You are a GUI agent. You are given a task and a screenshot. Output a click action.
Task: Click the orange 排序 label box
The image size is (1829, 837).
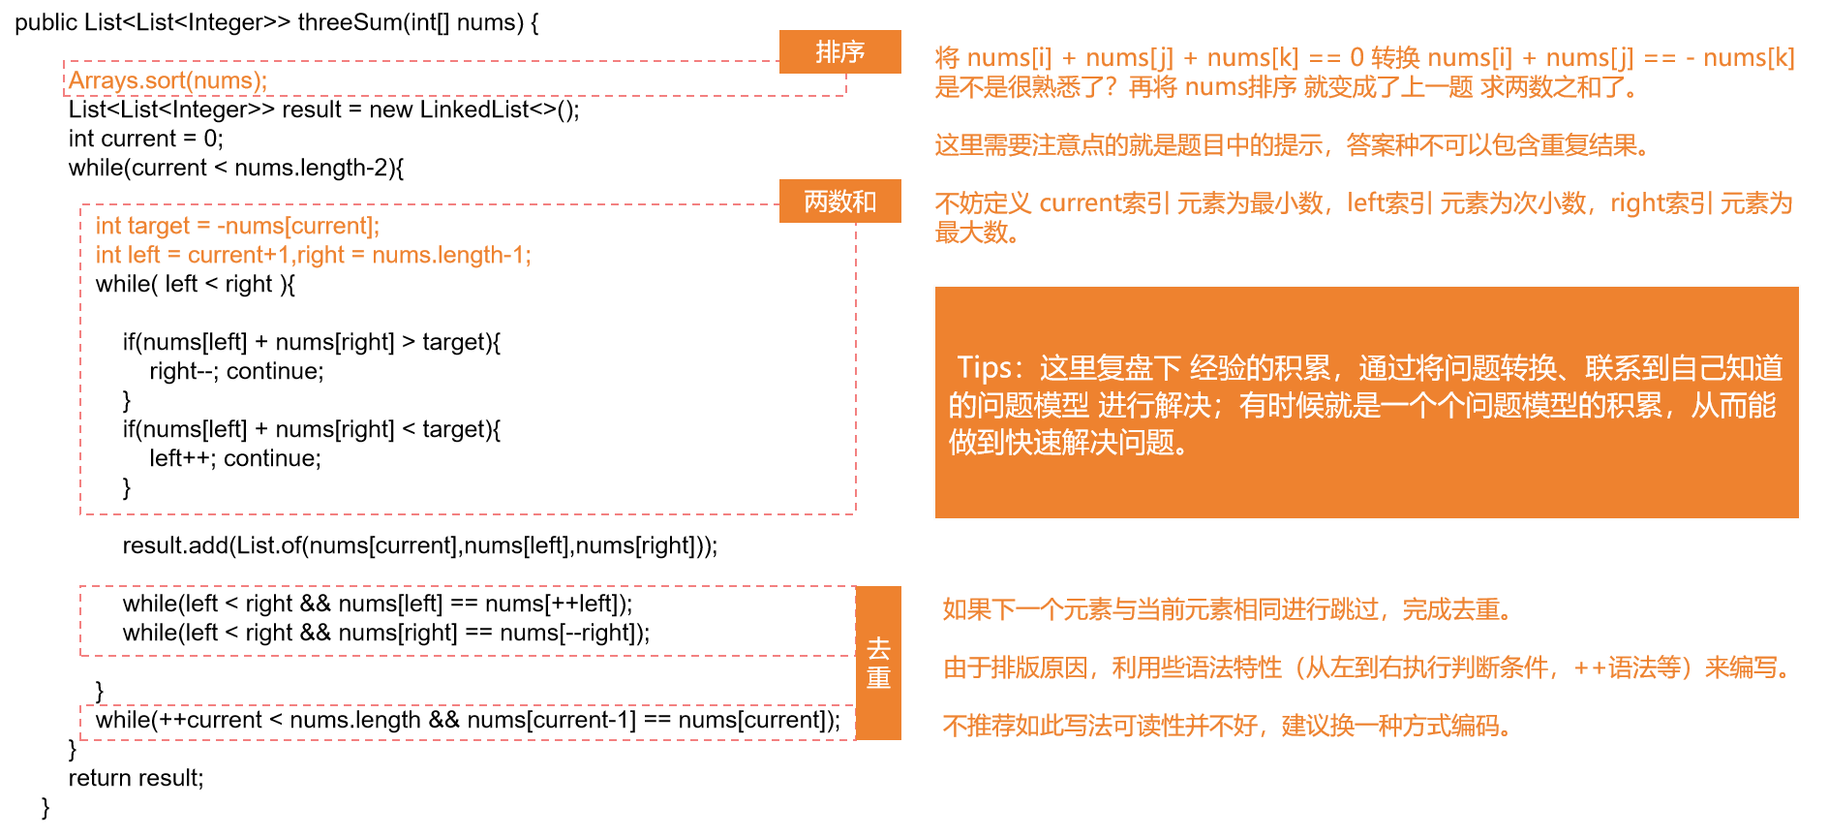pyautogui.click(x=839, y=51)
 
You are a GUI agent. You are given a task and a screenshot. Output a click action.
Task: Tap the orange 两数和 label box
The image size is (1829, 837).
pyautogui.click(x=839, y=201)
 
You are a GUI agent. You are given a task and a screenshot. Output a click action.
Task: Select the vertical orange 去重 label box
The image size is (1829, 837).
pyautogui.click(x=878, y=663)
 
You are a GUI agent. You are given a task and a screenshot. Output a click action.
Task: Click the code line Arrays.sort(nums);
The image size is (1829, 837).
pyautogui.click(x=168, y=80)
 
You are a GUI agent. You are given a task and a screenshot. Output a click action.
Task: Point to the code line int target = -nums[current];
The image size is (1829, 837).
pyautogui.click(x=237, y=227)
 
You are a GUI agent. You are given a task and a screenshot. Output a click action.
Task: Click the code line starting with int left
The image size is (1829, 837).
pyautogui.click(x=313, y=256)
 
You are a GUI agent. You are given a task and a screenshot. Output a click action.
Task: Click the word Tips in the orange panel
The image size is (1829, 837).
pyautogui.click(x=984, y=368)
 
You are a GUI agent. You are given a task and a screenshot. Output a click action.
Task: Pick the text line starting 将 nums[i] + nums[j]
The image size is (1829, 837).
pyautogui.click(x=1363, y=58)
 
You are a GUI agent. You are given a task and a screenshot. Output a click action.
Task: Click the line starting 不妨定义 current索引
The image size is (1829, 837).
pyautogui.click(x=1363, y=203)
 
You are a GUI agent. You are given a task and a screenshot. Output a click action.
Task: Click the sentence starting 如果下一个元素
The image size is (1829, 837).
pyautogui.click(x=1227, y=609)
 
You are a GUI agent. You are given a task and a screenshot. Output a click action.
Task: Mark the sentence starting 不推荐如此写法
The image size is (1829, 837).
pyautogui.click(x=1227, y=726)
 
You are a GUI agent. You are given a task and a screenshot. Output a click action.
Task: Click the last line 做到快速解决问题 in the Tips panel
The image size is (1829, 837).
pyautogui.click(x=1068, y=443)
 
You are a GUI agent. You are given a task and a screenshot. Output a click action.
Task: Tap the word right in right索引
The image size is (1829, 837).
pyautogui.click(x=1636, y=203)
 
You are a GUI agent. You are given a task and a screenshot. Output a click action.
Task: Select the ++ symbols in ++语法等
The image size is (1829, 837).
pyautogui.click(x=1590, y=667)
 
